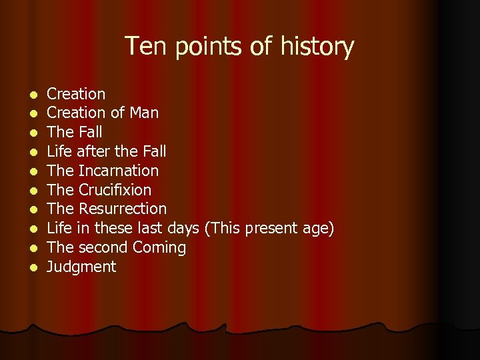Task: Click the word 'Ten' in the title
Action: point(142,47)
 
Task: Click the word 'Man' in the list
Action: point(144,113)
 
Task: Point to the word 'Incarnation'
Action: point(118,171)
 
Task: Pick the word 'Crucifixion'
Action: point(114,190)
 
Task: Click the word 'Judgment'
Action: point(81,267)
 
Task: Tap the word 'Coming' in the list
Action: point(159,248)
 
